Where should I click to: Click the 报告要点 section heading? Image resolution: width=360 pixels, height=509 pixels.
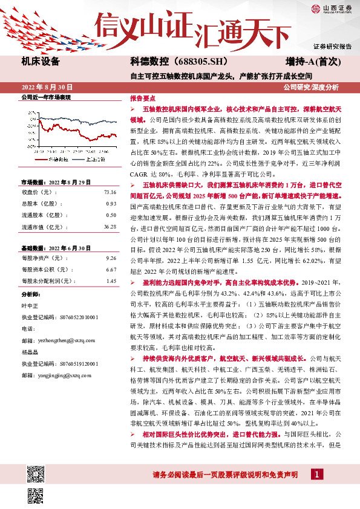(x=142, y=97)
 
